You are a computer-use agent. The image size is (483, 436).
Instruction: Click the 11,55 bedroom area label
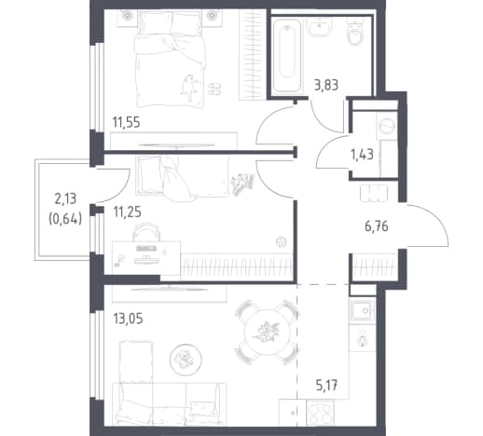click(x=126, y=122)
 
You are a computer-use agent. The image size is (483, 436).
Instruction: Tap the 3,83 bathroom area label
click(x=326, y=85)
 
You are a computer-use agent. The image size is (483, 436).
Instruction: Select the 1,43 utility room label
click(x=362, y=154)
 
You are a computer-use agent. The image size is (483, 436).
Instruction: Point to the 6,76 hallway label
click(x=377, y=226)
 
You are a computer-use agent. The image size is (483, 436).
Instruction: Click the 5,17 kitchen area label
click(x=326, y=387)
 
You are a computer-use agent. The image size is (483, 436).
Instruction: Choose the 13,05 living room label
click(x=128, y=319)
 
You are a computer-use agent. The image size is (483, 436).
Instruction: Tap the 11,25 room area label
click(x=127, y=212)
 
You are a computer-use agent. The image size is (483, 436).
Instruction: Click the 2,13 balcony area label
click(x=65, y=198)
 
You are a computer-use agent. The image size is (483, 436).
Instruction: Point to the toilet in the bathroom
click(x=354, y=33)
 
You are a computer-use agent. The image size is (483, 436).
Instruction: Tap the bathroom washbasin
click(x=319, y=27)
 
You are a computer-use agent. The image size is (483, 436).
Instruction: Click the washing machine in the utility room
click(x=387, y=126)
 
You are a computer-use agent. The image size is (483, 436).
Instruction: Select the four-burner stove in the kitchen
click(x=321, y=412)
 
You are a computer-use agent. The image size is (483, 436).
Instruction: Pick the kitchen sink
click(x=363, y=310)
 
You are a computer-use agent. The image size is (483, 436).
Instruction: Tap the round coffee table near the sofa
click(x=186, y=360)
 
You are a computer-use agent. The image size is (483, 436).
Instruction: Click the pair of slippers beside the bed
click(x=214, y=89)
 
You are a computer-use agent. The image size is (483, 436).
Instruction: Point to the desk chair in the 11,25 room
click(x=146, y=232)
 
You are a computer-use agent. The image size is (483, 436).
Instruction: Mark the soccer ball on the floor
click(x=282, y=242)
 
